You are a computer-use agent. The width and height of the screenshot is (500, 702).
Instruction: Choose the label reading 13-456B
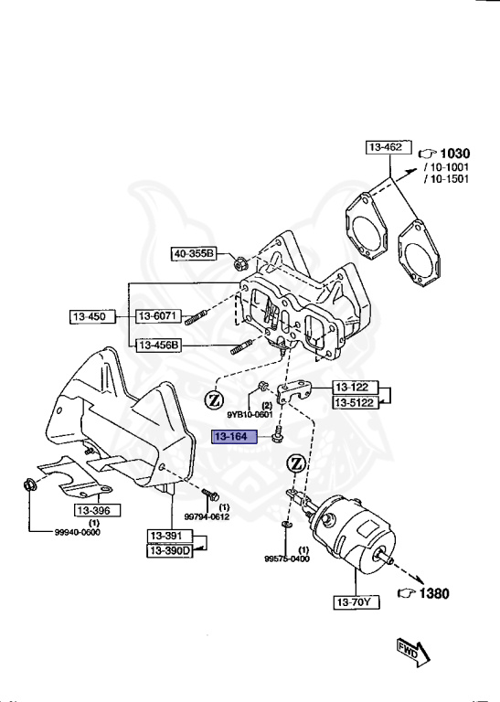coord(159,345)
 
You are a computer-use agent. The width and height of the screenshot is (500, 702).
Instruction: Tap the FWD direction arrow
coord(412,650)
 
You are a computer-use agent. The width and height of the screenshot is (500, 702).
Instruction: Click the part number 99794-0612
coord(207,517)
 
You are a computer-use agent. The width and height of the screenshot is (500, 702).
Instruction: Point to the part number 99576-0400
coord(289,558)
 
